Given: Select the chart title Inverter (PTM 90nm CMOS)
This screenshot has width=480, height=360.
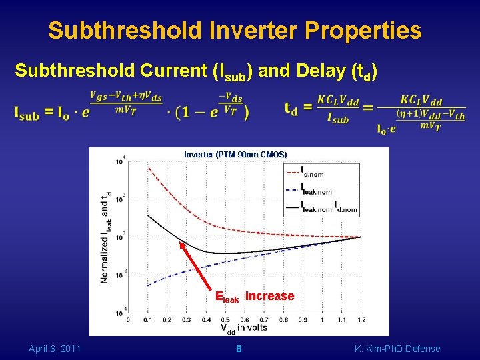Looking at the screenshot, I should [235, 155].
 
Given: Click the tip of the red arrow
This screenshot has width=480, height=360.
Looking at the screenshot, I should [180, 241].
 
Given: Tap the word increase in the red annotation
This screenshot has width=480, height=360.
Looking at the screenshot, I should [269, 296].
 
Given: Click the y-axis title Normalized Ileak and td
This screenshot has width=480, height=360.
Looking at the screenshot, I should [105, 238].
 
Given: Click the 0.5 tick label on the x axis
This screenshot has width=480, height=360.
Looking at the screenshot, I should [225, 320].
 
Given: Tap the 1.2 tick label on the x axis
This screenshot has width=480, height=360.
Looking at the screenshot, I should [361, 320].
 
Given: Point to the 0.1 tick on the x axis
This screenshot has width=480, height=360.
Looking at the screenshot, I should [147, 320].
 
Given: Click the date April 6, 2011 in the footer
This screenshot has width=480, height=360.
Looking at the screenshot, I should [55, 349].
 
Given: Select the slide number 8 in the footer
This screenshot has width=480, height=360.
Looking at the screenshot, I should [239, 349].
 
